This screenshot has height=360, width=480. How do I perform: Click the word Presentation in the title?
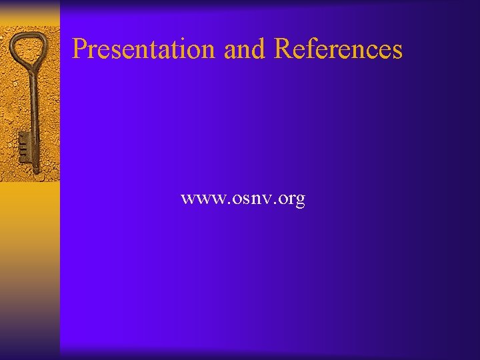[144, 49]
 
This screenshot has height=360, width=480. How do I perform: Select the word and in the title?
[245, 49]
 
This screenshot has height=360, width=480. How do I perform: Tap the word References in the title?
[338, 49]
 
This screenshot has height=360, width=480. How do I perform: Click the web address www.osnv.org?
[243, 199]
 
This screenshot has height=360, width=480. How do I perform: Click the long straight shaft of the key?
[33, 113]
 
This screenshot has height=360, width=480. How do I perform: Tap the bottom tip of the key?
[36, 172]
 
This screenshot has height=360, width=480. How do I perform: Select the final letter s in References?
[397, 50]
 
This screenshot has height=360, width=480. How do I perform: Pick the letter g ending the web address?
[299, 201]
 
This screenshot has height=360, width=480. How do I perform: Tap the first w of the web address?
[187, 199]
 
